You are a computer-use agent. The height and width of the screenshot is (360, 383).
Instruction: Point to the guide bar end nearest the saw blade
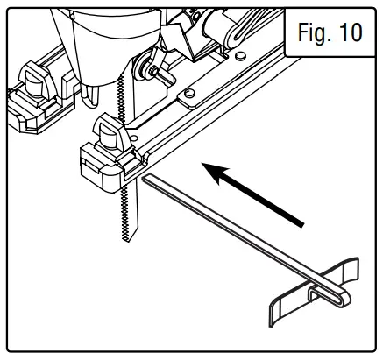click(x=144, y=179)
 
